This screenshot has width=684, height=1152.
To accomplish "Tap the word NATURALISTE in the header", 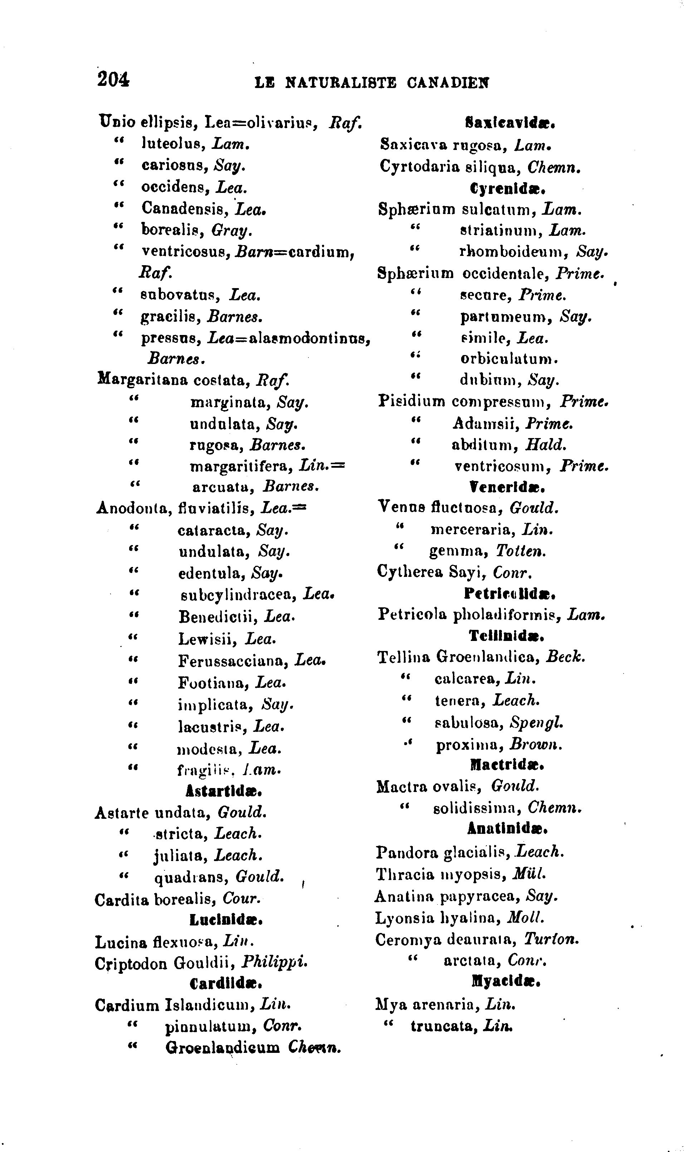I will click(341, 83).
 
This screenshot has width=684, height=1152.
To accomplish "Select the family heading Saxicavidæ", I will click(508, 123).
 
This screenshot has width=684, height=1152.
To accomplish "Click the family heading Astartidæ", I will click(224, 791).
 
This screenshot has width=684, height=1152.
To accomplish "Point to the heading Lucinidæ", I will click(226, 920).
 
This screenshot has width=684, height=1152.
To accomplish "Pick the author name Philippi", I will click(275, 963).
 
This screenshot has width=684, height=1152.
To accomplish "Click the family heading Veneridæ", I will click(507, 486).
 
